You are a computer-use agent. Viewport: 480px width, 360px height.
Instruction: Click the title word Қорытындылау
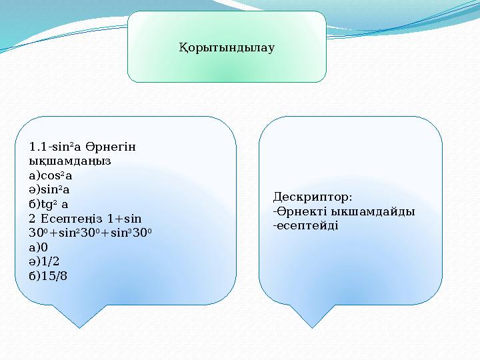coord(227,48)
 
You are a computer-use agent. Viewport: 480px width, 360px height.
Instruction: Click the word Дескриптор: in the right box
coord(313,197)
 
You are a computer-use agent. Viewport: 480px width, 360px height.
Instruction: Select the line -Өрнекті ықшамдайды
coord(344,211)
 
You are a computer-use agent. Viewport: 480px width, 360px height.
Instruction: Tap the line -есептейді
coord(305,225)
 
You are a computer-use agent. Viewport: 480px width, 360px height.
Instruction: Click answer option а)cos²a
coord(51,175)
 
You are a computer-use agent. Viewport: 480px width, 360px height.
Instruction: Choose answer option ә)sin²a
coord(50,189)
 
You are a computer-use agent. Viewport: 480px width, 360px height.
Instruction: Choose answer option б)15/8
coord(48,275)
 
